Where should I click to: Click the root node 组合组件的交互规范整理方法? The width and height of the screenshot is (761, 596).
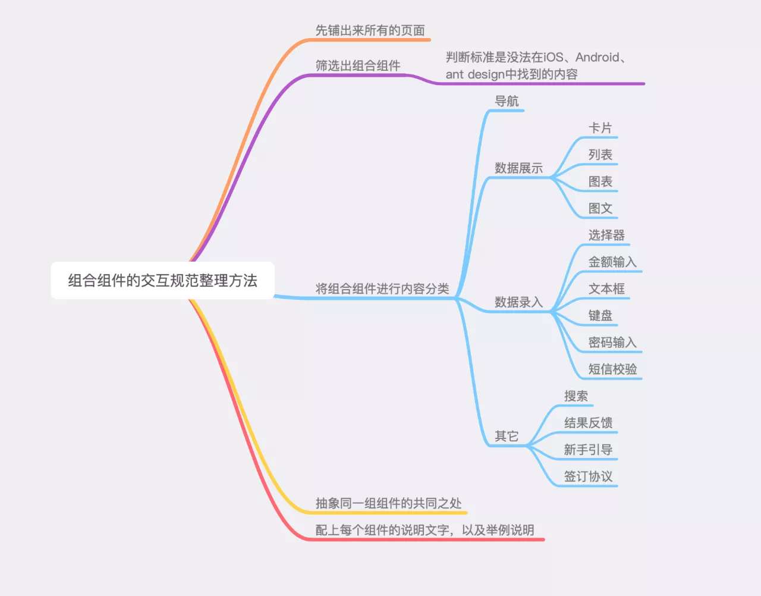click(162, 280)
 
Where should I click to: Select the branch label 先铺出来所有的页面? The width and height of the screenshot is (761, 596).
click(370, 30)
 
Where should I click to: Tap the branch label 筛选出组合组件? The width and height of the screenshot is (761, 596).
click(357, 65)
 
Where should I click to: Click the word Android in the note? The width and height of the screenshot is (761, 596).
click(598, 57)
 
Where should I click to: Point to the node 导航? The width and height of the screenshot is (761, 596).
click(507, 101)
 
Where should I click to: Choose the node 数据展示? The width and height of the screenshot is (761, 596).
click(518, 168)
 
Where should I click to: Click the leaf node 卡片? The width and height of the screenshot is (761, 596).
click(600, 128)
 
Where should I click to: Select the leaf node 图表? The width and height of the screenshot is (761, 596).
click(600, 181)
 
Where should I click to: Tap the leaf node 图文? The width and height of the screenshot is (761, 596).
click(600, 208)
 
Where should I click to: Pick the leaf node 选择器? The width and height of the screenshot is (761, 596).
click(606, 235)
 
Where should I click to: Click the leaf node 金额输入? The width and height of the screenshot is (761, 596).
click(612, 262)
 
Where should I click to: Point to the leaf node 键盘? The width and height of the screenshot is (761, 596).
click(600, 315)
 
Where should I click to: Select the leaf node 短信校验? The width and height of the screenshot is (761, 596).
click(612, 369)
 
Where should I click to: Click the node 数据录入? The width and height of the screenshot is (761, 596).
click(518, 302)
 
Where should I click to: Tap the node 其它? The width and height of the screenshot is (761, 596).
click(507, 436)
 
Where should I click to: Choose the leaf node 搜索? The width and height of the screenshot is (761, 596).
click(576, 396)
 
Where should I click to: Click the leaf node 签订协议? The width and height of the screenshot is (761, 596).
click(588, 476)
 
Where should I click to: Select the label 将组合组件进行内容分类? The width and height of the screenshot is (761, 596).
click(382, 288)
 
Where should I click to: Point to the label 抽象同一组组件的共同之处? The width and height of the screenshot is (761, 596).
click(388, 503)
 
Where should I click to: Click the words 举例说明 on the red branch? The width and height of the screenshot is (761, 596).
click(510, 530)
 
